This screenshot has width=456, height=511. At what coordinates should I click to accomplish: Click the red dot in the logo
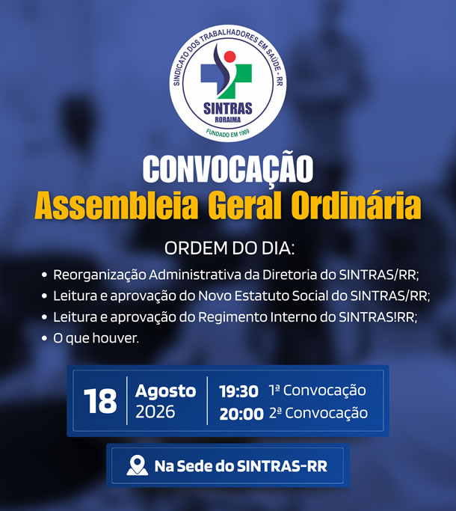[x=229, y=56]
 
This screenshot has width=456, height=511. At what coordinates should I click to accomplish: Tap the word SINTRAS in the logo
[x=228, y=108]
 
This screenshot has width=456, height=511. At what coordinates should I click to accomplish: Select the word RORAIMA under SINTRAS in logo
[x=228, y=120]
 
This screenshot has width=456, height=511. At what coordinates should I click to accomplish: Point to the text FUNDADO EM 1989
[x=228, y=133]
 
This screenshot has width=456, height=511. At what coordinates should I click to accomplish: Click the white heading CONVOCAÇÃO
[x=228, y=169]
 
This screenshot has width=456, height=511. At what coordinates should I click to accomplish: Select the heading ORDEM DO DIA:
[x=229, y=248]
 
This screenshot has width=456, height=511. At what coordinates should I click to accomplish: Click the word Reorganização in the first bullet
[x=99, y=275]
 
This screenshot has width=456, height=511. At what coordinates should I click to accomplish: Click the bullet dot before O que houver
[x=45, y=338]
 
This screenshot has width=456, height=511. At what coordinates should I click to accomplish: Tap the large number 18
[x=100, y=401]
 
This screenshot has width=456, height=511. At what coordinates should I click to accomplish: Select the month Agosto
[x=166, y=391]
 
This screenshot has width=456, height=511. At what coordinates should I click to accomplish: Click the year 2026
[x=155, y=411]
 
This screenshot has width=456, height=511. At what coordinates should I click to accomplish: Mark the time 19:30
[x=238, y=391]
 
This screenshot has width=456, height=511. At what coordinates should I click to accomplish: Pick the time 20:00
[x=241, y=414]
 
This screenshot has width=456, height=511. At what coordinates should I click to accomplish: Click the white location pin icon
[x=137, y=465]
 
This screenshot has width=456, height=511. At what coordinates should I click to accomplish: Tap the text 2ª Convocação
[x=318, y=413]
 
